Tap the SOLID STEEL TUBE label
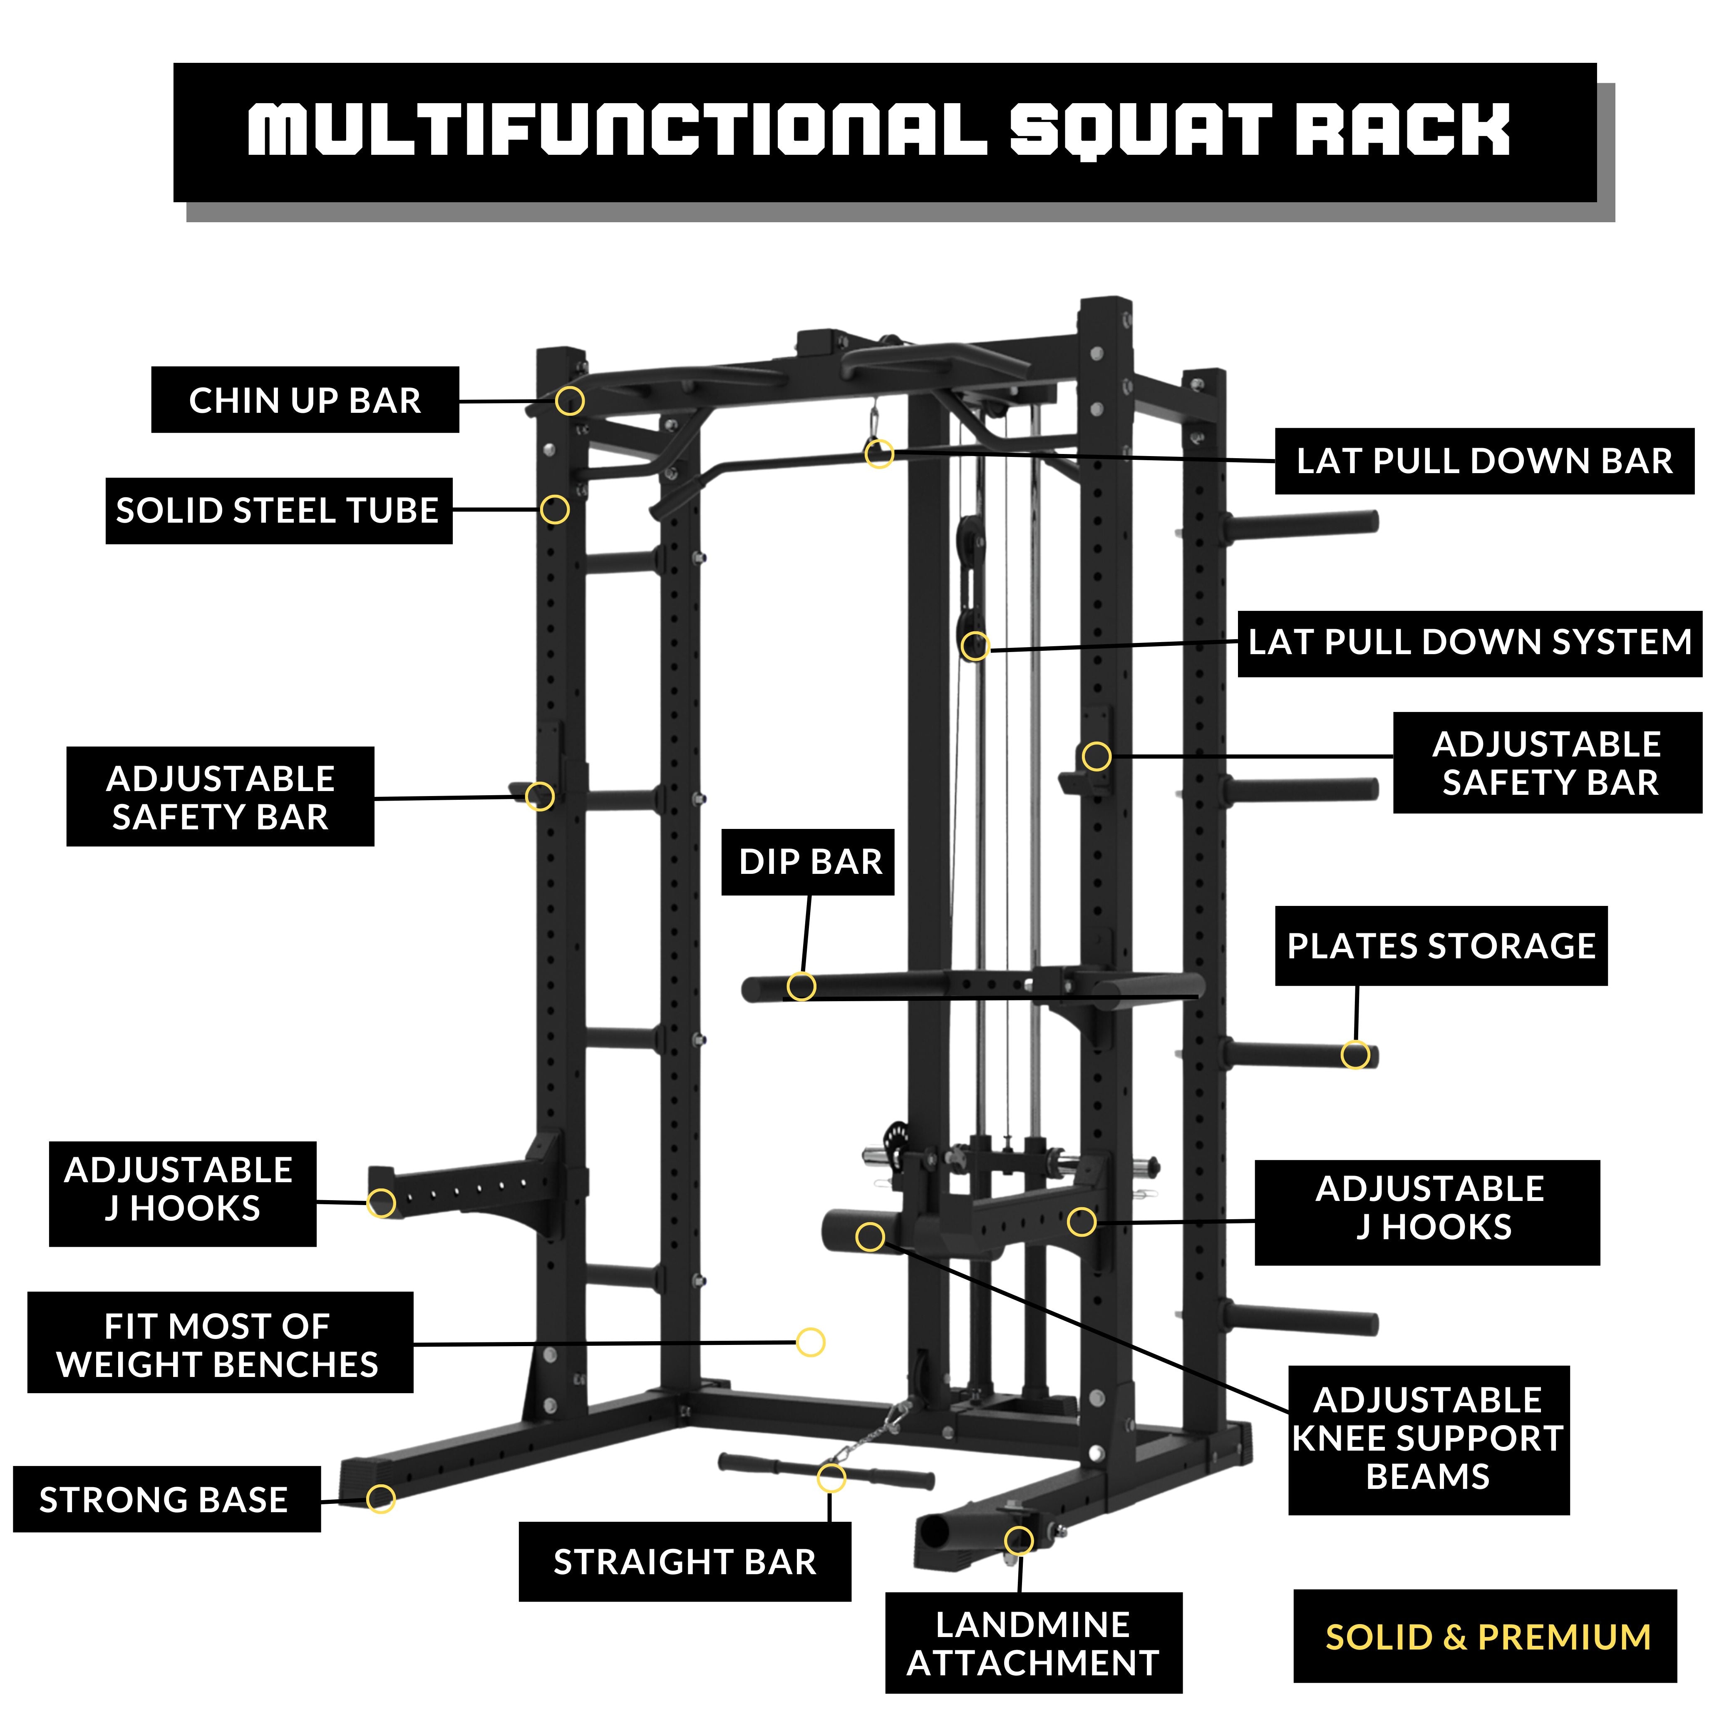(278, 511)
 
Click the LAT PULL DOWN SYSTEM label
(1469, 642)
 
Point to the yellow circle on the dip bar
(801, 986)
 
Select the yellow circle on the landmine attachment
(1019, 1540)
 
